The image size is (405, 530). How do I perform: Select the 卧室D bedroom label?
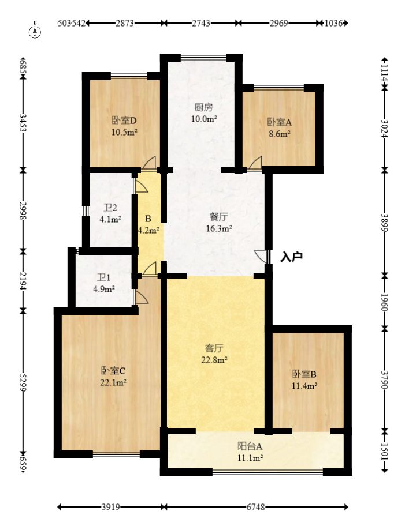[124, 121]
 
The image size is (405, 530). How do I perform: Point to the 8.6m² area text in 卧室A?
[278, 133]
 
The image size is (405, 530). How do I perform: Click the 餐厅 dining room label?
[218, 217]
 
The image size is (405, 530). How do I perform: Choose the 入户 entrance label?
[291, 257]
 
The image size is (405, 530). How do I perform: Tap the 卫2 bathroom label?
[110, 208]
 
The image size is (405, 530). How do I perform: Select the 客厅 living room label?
[215, 348]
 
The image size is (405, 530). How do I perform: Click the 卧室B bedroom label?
[304, 374]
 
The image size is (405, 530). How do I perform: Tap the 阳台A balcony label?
[250, 446]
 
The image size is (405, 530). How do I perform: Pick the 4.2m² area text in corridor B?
[148, 230]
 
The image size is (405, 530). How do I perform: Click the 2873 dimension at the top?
[125, 24]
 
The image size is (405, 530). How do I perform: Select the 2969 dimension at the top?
[278, 24]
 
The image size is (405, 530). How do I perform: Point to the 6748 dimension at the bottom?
[256, 508]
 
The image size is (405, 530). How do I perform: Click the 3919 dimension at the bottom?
[110, 508]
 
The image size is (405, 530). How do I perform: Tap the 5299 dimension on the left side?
[23, 381]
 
